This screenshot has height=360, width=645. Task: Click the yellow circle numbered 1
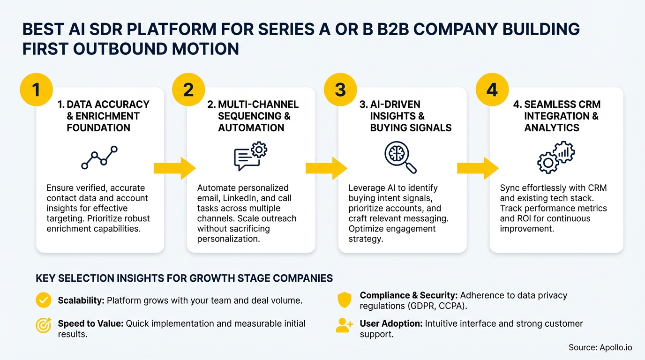click(x=36, y=89)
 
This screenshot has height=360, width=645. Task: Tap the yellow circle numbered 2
click(x=188, y=89)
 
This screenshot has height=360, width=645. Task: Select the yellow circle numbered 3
click(x=340, y=89)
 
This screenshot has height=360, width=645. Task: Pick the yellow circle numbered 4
click(x=492, y=89)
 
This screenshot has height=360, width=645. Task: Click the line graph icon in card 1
click(x=99, y=157)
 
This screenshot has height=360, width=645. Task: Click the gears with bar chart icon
click(x=555, y=157)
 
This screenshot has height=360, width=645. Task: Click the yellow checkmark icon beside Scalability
click(x=44, y=300)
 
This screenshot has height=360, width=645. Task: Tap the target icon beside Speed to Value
click(x=44, y=324)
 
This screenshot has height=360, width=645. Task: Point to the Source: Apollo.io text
click(x=600, y=347)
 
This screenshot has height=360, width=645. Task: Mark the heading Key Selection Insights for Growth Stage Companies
click(x=184, y=278)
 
